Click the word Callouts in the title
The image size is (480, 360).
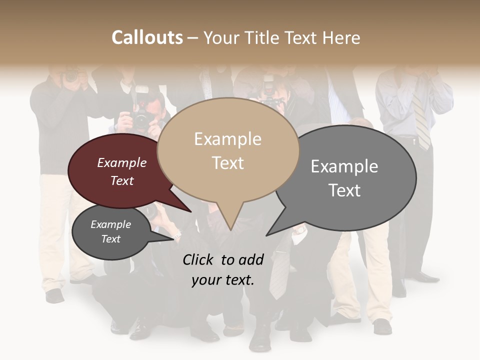pyautogui.click(x=147, y=37)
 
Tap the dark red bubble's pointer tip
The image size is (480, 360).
pyautogui.click(x=190, y=211)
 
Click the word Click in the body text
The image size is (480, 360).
pyautogui.click(x=198, y=259)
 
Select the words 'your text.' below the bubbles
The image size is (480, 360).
pyautogui.click(x=223, y=280)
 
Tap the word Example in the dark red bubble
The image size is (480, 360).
pyautogui.click(x=122, y=163)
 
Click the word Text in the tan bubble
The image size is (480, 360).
pyautogui.click(x=228, y=163)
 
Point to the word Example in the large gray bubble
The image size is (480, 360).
pyautogui.click(x=344, y=166)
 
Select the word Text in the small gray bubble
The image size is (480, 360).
pyautogui.click(x=111, y=239)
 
